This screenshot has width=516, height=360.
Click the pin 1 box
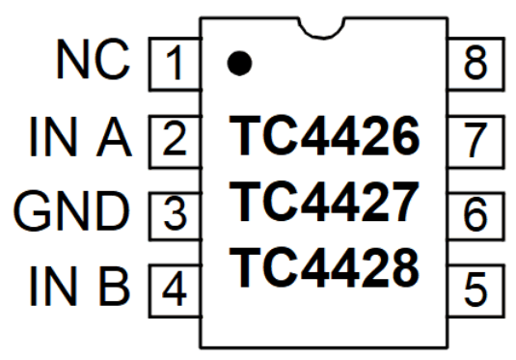(x=174, y=66)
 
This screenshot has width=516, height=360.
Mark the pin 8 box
(x=475, y=66)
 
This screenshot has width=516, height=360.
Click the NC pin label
(x=92, y=64)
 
